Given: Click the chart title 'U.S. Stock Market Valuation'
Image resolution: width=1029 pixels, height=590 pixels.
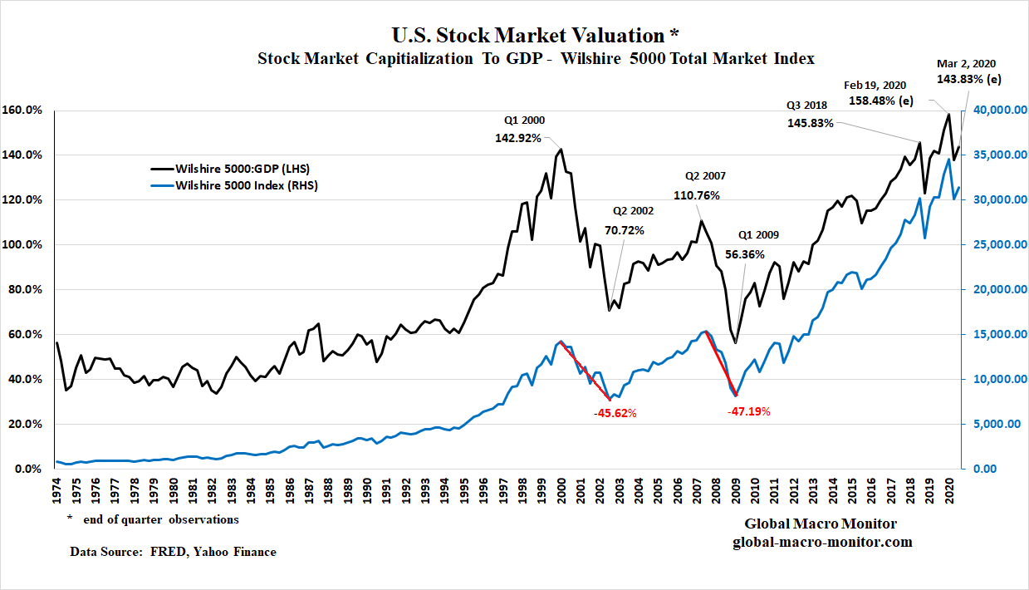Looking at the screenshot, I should pos(529,35).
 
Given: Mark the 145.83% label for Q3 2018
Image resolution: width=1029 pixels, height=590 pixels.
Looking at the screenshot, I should pos(810,122).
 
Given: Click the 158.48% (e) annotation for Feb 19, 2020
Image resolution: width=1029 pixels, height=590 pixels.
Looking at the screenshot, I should pos(885,101).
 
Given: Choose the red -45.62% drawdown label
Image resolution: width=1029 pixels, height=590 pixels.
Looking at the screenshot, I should pos(615,413).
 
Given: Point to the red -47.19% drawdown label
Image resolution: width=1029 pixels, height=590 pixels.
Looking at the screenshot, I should pos(750,411).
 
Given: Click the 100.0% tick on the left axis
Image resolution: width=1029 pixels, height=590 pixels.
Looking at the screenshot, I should pos(26,245).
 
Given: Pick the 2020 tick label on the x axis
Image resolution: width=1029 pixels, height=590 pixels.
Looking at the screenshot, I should pos(950,490).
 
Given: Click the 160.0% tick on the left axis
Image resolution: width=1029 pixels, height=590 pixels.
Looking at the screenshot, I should pos(26,111).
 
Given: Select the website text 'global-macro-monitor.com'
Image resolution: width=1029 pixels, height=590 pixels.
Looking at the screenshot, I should pos(822,542).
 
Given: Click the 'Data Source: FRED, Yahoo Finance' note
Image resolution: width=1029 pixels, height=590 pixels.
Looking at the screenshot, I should pos(173,551).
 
